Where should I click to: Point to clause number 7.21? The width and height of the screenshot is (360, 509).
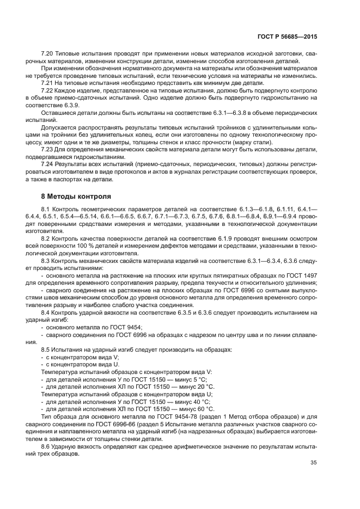click(x=48, y=83)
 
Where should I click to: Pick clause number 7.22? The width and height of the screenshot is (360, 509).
click(x=48, y=90)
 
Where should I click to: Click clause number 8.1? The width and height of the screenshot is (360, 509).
click(x=47, y=209)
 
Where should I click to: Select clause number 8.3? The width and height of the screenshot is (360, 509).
click(x=47, y=260)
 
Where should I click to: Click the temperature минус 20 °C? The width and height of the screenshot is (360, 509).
click(x=191, y=386)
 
